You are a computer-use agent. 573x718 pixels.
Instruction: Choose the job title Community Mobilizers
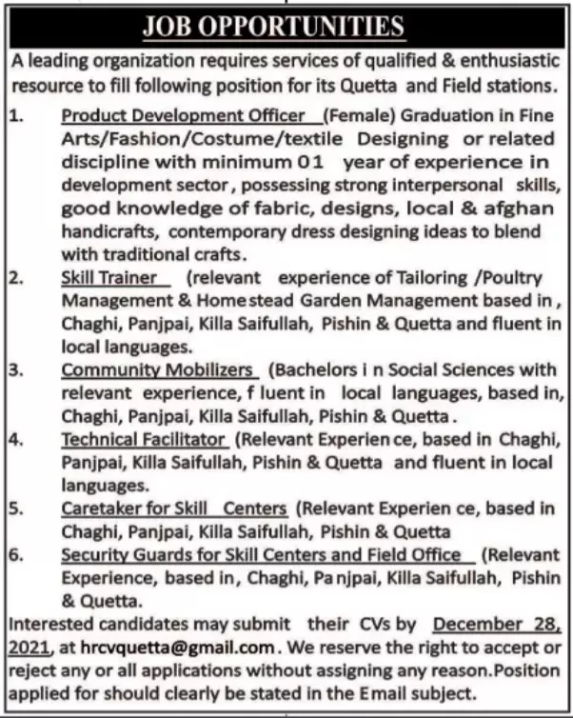159,369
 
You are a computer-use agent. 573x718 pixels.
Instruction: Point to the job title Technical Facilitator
144,440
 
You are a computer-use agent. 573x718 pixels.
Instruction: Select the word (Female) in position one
357,116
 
